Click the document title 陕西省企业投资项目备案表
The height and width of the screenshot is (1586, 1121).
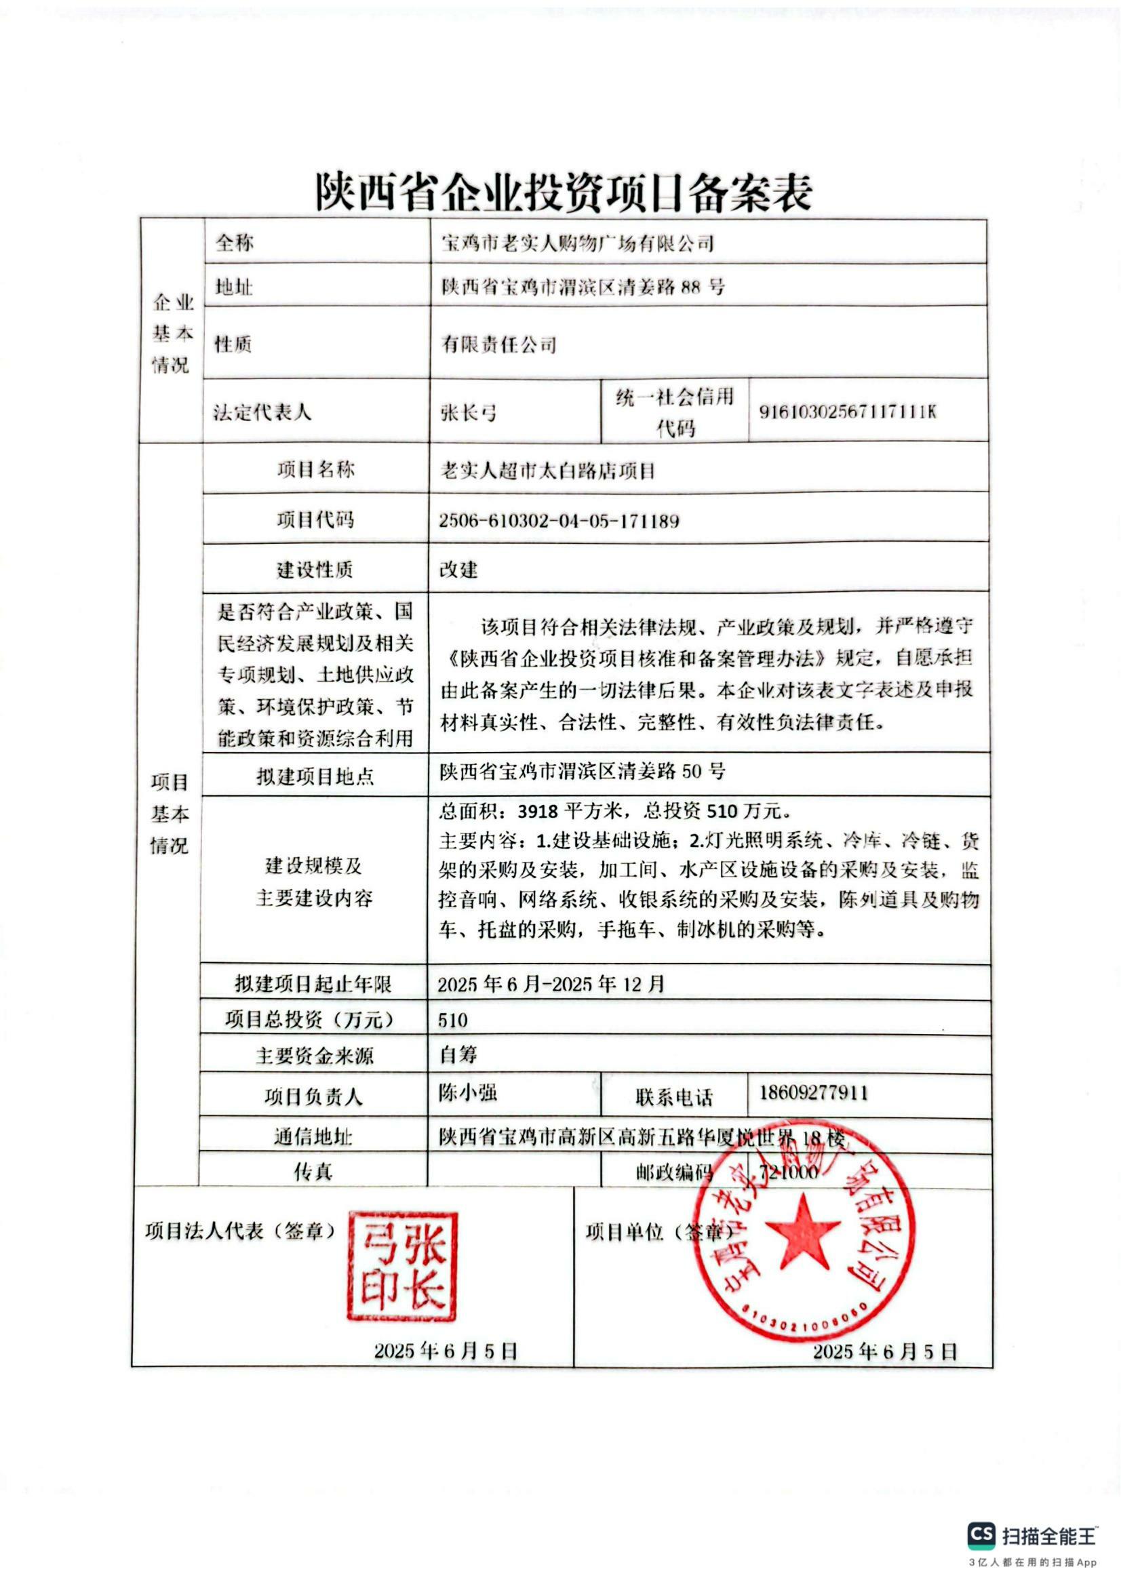tap(562, 191)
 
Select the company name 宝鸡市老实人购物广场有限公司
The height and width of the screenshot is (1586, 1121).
tap(576, 243)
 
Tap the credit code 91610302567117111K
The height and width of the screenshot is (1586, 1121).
tap(848, 412)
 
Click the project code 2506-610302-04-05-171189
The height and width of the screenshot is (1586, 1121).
tap(559, 521)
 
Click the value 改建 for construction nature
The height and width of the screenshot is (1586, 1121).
tap(458, 570)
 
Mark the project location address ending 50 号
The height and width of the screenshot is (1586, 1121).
tap(583, 772)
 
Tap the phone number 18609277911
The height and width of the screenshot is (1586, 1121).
tap(814, 1093)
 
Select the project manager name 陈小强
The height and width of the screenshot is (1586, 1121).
tap(468, 1092)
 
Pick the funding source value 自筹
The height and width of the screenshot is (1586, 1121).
tap(458, 1055)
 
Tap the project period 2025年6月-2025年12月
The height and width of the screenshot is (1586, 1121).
tap(551, 984)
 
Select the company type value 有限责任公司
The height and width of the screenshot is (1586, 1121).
tap(498, 344)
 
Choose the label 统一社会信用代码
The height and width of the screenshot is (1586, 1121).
tap(674, 412)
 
